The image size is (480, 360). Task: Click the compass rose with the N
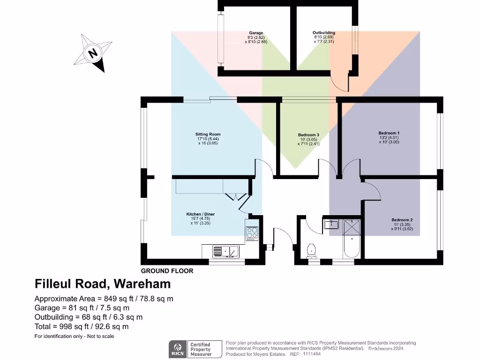pyautogui.click(x=94, y=52)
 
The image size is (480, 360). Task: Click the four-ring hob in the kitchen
pyautogui.click(x=252, y=233)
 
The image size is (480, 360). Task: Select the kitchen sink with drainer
pyautogui.click(x=225, y=252)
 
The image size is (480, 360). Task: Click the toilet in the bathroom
pyautogui.click(x=311, y=251)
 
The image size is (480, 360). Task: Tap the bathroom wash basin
pyautogui.click(x=332, y=225)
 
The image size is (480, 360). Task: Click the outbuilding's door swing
pyautogui.click(x=339, y=82)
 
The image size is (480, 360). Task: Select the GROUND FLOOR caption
pyautogui.click(x=167, y=271)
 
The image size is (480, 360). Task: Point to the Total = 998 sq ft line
pyautogui.click(x=82, y=327)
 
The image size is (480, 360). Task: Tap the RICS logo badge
pyautogui.click(x=178, y=348)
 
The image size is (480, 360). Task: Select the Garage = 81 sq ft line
pyautogui.click(x=82, y=308)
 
